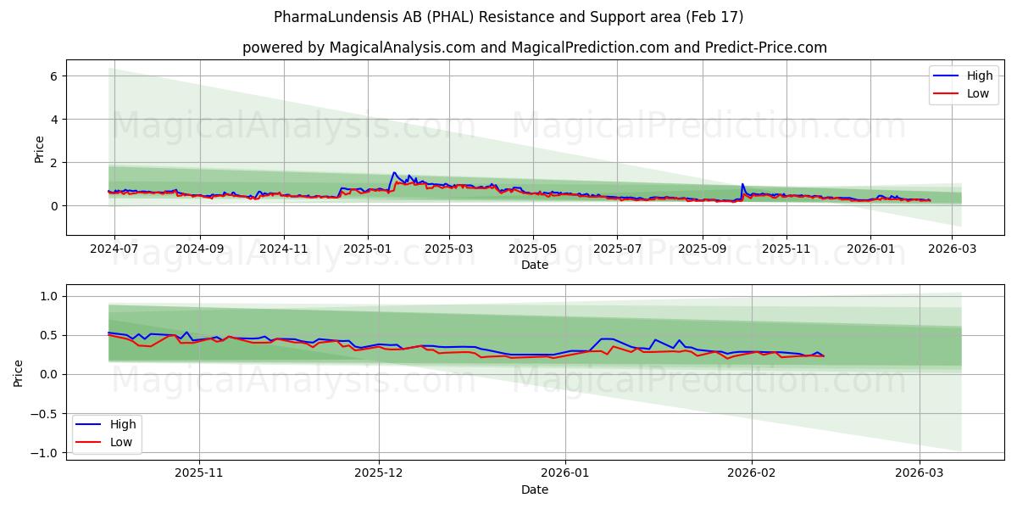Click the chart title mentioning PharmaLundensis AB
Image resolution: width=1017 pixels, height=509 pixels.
[508, 17]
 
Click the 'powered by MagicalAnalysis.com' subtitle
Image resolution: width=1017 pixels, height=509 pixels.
[534, 48]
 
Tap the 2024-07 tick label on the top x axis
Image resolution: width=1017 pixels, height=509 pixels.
[114, 249]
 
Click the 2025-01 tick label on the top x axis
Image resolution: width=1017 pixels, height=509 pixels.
[367, 249]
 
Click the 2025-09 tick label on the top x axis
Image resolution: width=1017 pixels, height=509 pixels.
[702, 249]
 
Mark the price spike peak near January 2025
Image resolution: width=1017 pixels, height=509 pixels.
[394, 172]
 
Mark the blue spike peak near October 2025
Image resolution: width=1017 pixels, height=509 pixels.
[742, 184]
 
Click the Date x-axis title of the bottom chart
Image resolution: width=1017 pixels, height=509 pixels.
[534, 489]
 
